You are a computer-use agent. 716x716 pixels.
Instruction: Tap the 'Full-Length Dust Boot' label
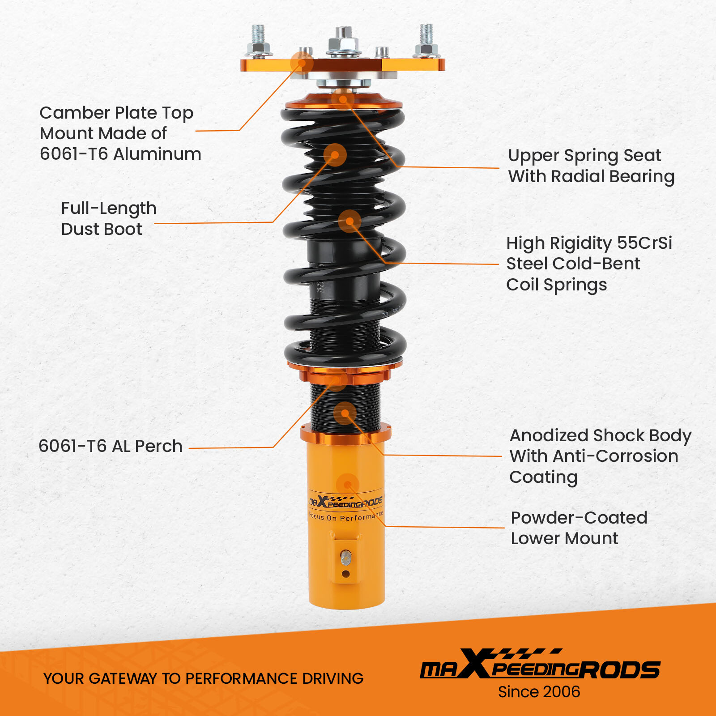coord(108,218)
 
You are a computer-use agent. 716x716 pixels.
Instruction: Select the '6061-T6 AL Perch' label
coord(111,446)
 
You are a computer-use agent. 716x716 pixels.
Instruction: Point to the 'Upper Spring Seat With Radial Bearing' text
coord(591,166)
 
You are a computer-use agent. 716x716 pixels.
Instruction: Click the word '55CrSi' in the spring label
coord(644,243)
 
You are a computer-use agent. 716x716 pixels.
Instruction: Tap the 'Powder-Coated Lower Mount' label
coord(578,528)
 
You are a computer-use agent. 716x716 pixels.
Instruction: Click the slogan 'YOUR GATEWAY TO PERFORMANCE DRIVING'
coord(203,678)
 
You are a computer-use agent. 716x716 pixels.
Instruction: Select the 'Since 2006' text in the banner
coord(539,692)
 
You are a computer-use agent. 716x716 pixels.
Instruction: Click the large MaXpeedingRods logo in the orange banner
coord(539,665)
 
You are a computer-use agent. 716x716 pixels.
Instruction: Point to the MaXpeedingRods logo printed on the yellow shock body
coord(345,503)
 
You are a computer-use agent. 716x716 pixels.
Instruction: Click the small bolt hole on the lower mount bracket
coord(345,574)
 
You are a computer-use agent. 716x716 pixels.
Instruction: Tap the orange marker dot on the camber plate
coord(302,63)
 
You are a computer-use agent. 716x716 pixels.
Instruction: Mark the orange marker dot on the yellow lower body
coord(347,485)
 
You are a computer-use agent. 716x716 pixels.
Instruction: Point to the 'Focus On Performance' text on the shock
coord(346,516)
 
